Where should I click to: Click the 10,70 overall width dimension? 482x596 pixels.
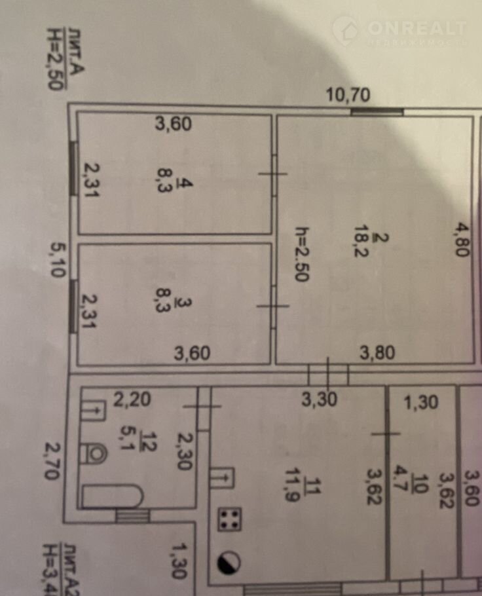point(348,95)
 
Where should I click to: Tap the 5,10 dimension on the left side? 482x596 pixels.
point(58,260)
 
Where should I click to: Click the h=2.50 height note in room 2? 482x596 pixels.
point(303,254)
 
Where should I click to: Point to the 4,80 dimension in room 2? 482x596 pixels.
point(462,240)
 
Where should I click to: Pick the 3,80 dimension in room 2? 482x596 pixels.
point(377,353)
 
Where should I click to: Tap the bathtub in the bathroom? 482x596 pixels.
point(113,496)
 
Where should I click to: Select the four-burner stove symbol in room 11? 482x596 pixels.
point(229,519)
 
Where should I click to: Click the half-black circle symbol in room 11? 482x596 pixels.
point(229,562)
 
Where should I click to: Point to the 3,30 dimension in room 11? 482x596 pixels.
point(320,400)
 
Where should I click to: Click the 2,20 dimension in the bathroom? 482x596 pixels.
point(133,400)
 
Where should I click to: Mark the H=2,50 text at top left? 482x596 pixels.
point(54,58)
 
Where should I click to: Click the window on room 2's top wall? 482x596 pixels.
point(377,112)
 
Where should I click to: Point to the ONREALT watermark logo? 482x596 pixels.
point(399,31)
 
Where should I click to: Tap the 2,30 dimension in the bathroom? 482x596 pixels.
point(185,451)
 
